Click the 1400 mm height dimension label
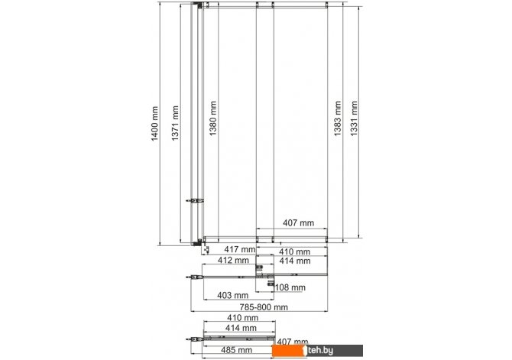(154, 124)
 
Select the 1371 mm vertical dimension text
(175, 123)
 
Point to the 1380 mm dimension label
(212, 118)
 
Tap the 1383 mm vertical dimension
(337, 118)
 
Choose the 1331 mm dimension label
(354, 118)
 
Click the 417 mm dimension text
(240, 249)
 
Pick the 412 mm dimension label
(233, 260)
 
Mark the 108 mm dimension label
(290, 287)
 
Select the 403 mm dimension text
(233, 295)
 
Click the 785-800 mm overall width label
(264, 307)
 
